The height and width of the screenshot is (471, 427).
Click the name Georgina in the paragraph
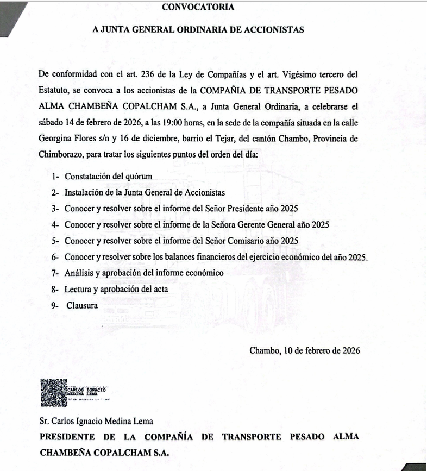(x=55, y=139)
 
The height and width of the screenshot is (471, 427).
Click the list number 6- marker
(x=55, y=256)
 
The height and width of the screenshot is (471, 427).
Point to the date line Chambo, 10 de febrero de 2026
(x=304, y=350)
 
